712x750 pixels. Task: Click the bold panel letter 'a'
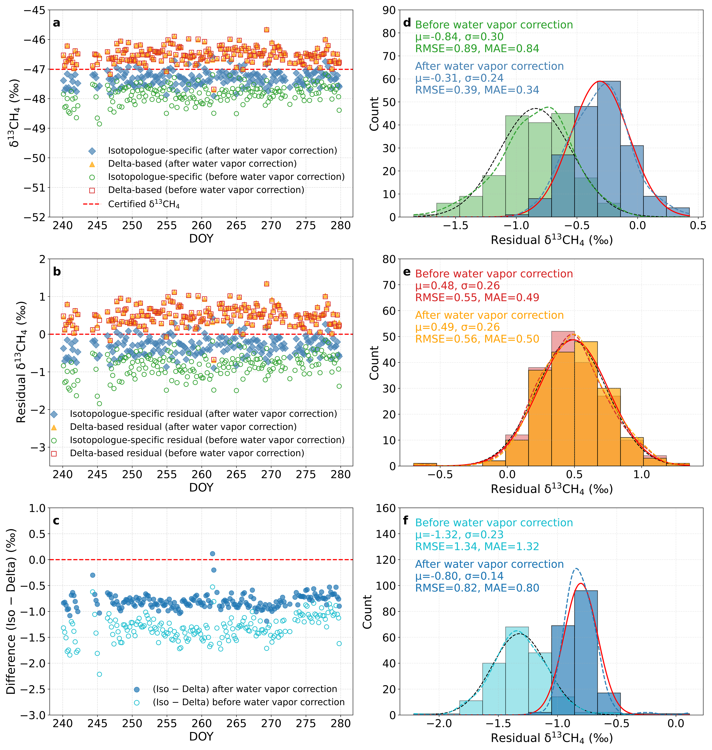pyautogui.click(x=57, y=23)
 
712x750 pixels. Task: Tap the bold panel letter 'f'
pyautogui.click(x=406, y=520)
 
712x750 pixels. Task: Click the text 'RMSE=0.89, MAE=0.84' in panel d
pyautogui.click(x=477, y=49)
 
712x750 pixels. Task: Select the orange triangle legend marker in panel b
pyautogui.click(x=54, y=427)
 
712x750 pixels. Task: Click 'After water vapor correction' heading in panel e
pyautogui.click(x=489, y=315)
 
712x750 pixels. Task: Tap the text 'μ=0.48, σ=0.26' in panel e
pyautogui.click(x=457, y=286)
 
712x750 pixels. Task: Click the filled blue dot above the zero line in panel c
pyautogui.click(x=212, y=554)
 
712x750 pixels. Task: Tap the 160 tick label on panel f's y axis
pyautogui.click(x=385, y=508)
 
